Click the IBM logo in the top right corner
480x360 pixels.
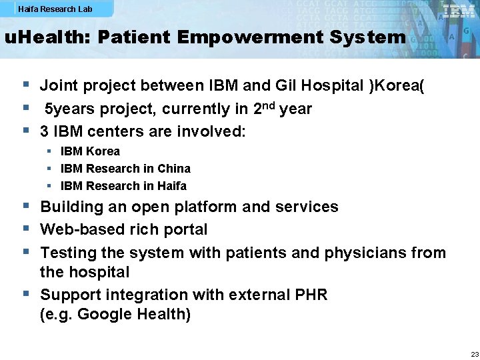click(459, 11)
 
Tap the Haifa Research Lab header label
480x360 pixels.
click(55, 9)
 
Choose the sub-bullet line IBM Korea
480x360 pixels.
click(90, 151)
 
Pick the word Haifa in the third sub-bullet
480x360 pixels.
click(172, 186)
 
